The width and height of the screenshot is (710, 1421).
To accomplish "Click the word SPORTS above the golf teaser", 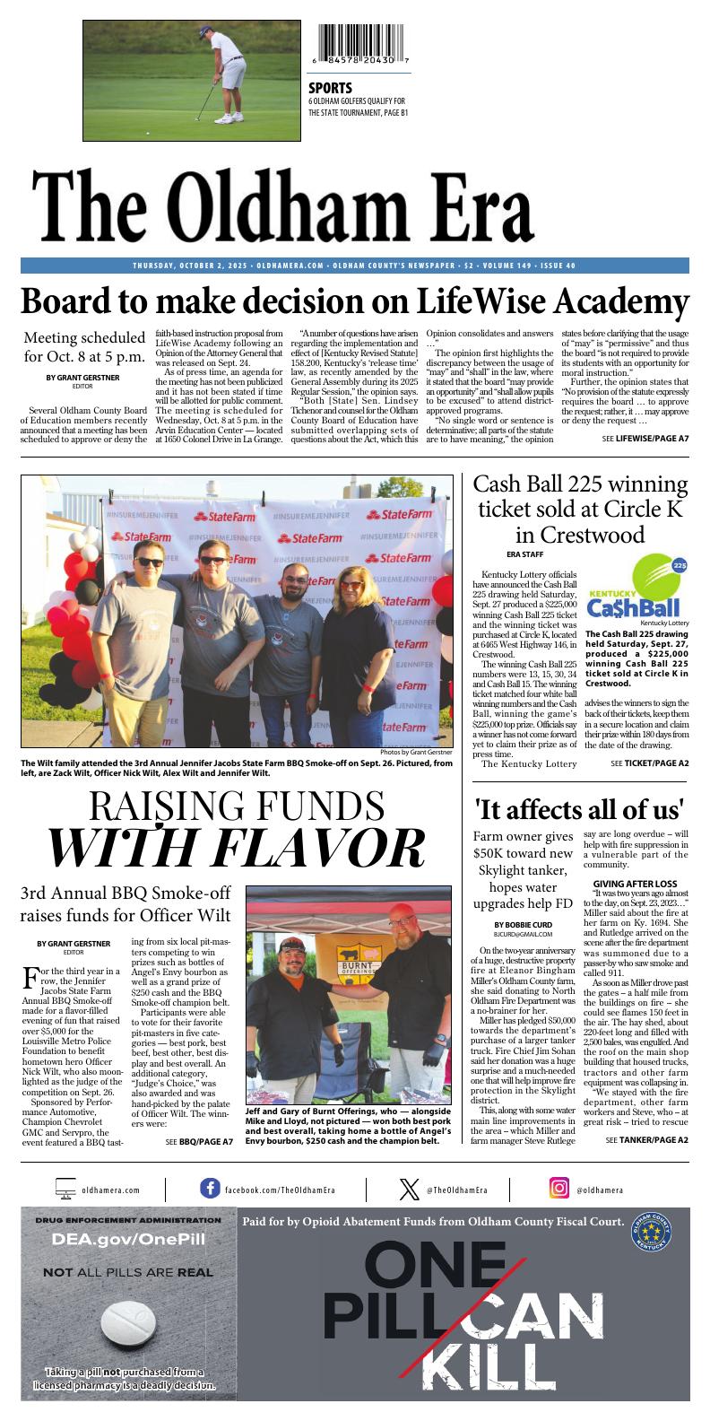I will click(x=330, y=88).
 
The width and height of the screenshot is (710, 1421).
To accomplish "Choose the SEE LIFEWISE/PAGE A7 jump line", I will click(x=645, y=438).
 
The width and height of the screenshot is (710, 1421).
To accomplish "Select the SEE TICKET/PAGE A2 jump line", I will click(x=650, y=763).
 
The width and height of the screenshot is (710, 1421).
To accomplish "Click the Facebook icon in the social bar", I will click(x=210, y=1189).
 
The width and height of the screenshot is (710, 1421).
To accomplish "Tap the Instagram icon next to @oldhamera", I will click(x=559, y=1189).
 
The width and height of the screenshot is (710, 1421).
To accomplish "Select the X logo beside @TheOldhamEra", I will click(x=409, y=1189).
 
